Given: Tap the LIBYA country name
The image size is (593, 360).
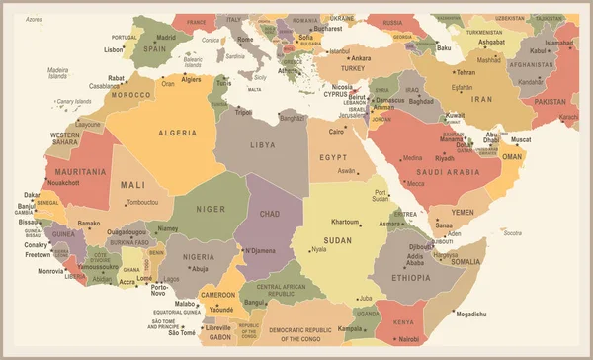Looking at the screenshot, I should [262, 145].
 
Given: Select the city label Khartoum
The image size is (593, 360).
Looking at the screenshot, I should [346, 222].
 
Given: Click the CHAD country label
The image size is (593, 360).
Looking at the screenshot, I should [269, 213].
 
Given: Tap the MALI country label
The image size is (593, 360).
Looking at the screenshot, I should [131, 184].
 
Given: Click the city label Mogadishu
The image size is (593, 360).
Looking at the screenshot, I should [472, 314].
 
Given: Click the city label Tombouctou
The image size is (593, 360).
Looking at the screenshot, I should [141, 202].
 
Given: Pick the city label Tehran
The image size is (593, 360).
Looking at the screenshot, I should [465, 72].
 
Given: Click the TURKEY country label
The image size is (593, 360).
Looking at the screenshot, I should [353, 67].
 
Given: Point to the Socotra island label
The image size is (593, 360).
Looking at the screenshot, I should [511, 233].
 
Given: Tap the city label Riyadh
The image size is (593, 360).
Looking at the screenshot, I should [445, 158].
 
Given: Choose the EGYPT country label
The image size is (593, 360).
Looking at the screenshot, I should [333, 157].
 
